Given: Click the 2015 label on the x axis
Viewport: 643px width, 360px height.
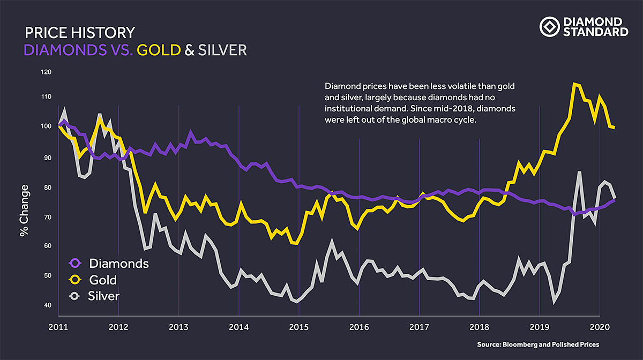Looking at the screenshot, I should pyautogui.click(x=299, y=326).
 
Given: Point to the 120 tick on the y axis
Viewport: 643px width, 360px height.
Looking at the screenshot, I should pyautogui.click(x=47, y=72).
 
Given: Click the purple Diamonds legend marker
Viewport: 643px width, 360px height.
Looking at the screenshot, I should pyautogui.click(x=75, y=263).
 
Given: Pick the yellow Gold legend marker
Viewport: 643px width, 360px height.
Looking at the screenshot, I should pyautogui.click(x=75, y=280).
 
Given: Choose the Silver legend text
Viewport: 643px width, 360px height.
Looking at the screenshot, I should pyautogui.click(x=103, y=296).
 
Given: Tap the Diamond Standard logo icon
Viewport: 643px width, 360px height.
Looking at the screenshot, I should pyautogui.click(x=549, y=26).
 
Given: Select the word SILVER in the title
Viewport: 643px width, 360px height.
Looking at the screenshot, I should pyautogui.click(x=222, y=50).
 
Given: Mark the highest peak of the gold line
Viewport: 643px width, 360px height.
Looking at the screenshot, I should pyautogui.click(x=574, y=84).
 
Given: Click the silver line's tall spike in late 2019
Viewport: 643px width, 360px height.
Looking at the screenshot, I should pyautogui.click(x=579, y=172).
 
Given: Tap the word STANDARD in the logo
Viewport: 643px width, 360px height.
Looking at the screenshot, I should pyautogui.click(x=595, y=32).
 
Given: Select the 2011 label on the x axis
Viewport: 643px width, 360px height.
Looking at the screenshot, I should pyautogui.click(x=57, y=326).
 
